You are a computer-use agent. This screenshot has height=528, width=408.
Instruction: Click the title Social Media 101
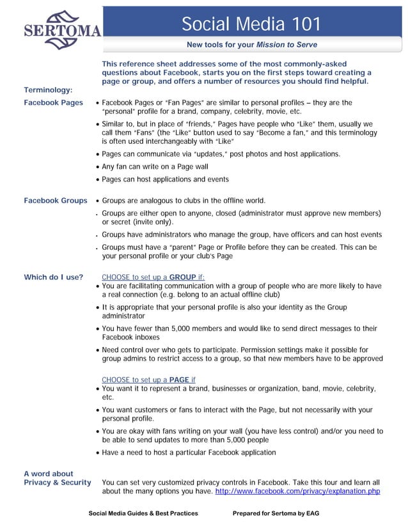(251, 24)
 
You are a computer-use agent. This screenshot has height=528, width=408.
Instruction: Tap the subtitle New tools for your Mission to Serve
(251, 45)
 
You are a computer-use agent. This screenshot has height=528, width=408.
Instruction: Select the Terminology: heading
(48, 89)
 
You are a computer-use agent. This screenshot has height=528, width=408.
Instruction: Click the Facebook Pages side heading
(53, 102)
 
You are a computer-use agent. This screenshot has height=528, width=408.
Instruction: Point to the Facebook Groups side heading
(55, 201)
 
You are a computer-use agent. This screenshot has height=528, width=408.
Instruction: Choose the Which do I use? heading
(53, 277)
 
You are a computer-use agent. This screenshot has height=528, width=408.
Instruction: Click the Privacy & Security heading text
(57, 483)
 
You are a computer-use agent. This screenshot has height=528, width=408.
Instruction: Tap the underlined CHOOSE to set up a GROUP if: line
(153, 277)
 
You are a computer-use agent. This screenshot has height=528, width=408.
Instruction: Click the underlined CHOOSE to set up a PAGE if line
(148, 380)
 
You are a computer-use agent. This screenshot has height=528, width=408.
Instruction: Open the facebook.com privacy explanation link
(297, 492)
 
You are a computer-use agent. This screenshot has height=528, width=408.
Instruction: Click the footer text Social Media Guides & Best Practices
(143, 513)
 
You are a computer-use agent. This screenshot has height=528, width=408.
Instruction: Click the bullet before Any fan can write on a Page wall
(97, 167)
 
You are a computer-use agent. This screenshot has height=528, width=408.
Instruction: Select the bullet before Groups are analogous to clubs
(97, 201)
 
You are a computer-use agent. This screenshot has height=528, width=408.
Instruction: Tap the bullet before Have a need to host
(97, 453)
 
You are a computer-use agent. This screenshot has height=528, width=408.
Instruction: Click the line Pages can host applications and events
(165, 179)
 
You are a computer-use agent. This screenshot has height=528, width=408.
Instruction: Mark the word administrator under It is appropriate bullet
(123, 316)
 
